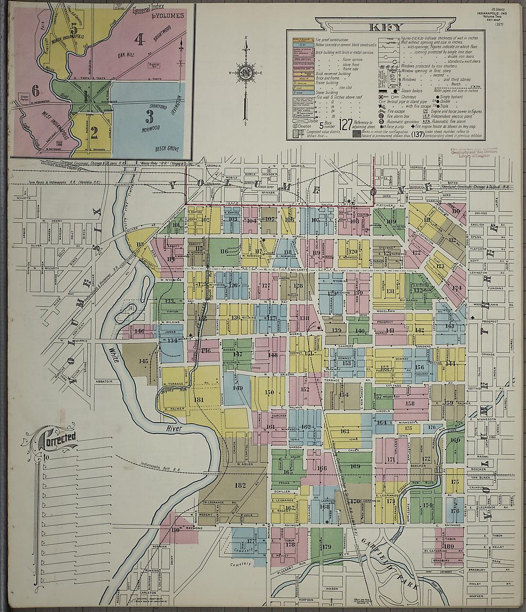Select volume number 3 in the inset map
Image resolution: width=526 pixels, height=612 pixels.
point(150,116)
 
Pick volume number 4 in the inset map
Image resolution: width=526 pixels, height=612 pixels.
point(139,39)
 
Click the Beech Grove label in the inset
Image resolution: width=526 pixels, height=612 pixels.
point(167,149)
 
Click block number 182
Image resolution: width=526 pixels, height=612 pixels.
point(240,485)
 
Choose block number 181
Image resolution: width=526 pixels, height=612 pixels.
point(198,400)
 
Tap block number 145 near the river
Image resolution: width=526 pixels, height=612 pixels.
point(143,361)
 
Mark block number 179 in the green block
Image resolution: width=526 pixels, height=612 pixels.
point(327,547)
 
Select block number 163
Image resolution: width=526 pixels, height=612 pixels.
point(345,431)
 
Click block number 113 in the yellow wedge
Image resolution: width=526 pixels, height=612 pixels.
point(140,244)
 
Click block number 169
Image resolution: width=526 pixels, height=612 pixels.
point(355,466)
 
